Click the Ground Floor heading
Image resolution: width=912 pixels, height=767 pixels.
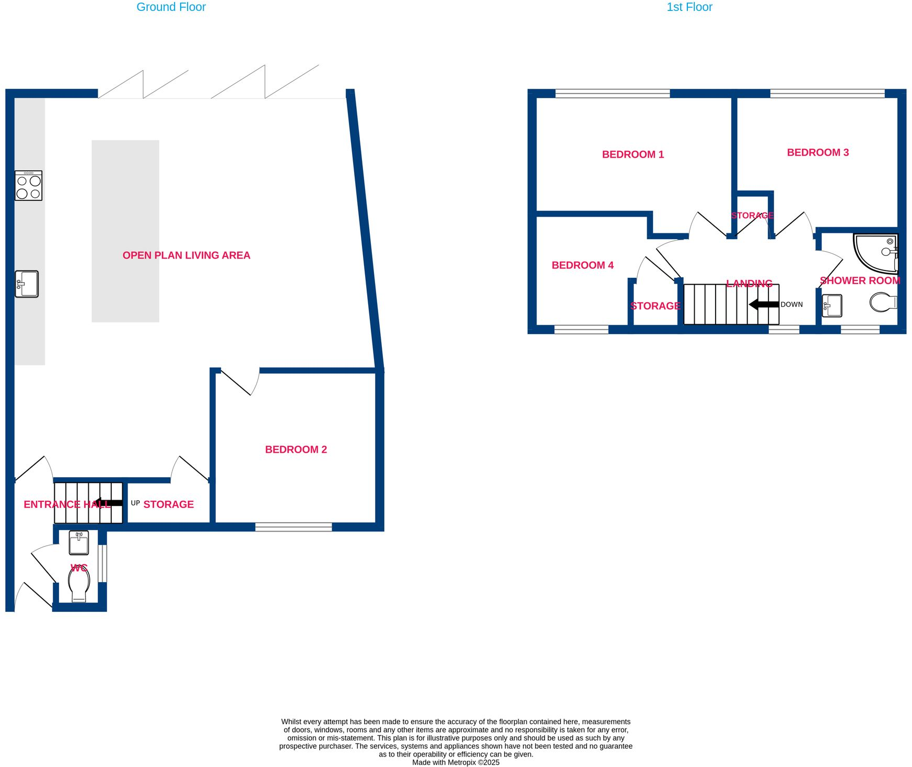tap(171, 7)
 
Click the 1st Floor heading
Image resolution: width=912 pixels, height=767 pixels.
tap(689, 7)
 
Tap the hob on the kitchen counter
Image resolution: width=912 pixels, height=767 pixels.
tap(28, 186)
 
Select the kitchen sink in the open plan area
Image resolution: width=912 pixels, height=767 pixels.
tap(27, 284)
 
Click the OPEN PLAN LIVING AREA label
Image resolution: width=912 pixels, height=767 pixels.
tap(186, 255)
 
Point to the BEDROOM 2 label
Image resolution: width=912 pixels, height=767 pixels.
tap(296, 450)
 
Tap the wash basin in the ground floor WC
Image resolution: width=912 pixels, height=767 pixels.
tap(79, 542)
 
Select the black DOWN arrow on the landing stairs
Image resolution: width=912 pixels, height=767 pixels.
tap(764, 304)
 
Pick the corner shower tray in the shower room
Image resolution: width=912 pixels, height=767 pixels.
tap(875, 253)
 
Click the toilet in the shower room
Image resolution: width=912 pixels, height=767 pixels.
tap(883, 302)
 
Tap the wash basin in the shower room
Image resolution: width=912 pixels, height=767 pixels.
tap(832, 305)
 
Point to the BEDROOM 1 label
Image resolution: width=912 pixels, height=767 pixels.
tap(633, 155)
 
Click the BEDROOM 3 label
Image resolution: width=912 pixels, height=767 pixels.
tap(817, 152)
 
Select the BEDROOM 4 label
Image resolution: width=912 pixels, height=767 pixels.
tap(582, 265)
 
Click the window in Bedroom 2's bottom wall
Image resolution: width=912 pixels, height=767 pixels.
tap(294, 527)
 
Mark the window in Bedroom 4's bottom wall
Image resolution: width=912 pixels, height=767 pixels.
tap(581, 329)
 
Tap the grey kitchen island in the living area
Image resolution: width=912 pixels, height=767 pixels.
tap(125, 231)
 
